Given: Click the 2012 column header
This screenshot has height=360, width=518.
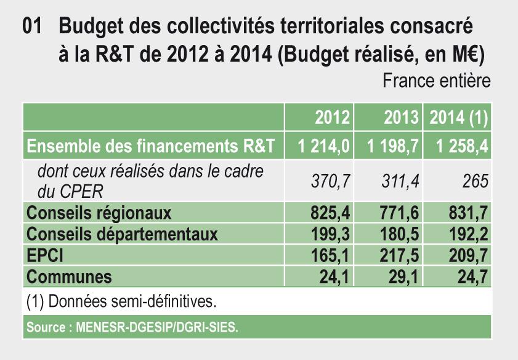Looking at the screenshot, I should pos(333,117).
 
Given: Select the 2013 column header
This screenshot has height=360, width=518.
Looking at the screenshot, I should pos(402,117).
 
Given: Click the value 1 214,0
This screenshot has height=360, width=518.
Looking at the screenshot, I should pos(323,147).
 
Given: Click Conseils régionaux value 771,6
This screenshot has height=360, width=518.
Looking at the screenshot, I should pos(399,213).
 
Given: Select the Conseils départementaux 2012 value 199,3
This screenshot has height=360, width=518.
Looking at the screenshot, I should pos(330,235).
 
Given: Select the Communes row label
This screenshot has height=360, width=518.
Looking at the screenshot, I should pos(70,277).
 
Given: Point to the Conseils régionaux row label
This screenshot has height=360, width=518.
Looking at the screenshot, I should pos(99,213).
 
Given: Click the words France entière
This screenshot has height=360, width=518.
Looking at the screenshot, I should pos(437,81).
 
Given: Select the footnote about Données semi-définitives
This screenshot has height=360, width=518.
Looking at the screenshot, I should pos(122,302).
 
